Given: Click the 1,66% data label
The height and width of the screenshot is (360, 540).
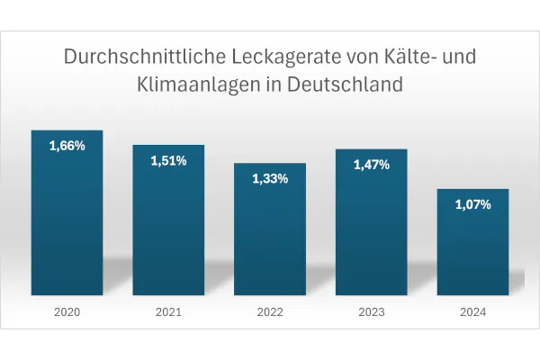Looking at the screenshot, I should pos(67,145).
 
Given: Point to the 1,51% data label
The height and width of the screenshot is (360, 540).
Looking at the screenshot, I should pos(168,160).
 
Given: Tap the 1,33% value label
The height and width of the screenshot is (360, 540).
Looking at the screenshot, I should pos(270,178).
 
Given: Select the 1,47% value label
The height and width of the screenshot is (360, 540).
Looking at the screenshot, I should pos(372,165).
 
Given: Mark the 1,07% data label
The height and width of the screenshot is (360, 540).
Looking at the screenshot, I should pos(472,204).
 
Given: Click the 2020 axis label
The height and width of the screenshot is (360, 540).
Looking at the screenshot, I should pos(67,312).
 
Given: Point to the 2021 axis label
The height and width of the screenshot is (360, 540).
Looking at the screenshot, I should pos(168,312).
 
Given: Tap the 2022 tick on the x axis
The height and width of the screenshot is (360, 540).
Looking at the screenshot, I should pos(270,312).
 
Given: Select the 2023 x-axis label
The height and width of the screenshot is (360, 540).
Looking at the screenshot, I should pos(372,312).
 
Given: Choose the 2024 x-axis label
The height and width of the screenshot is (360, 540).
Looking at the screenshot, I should pos(472,312).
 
